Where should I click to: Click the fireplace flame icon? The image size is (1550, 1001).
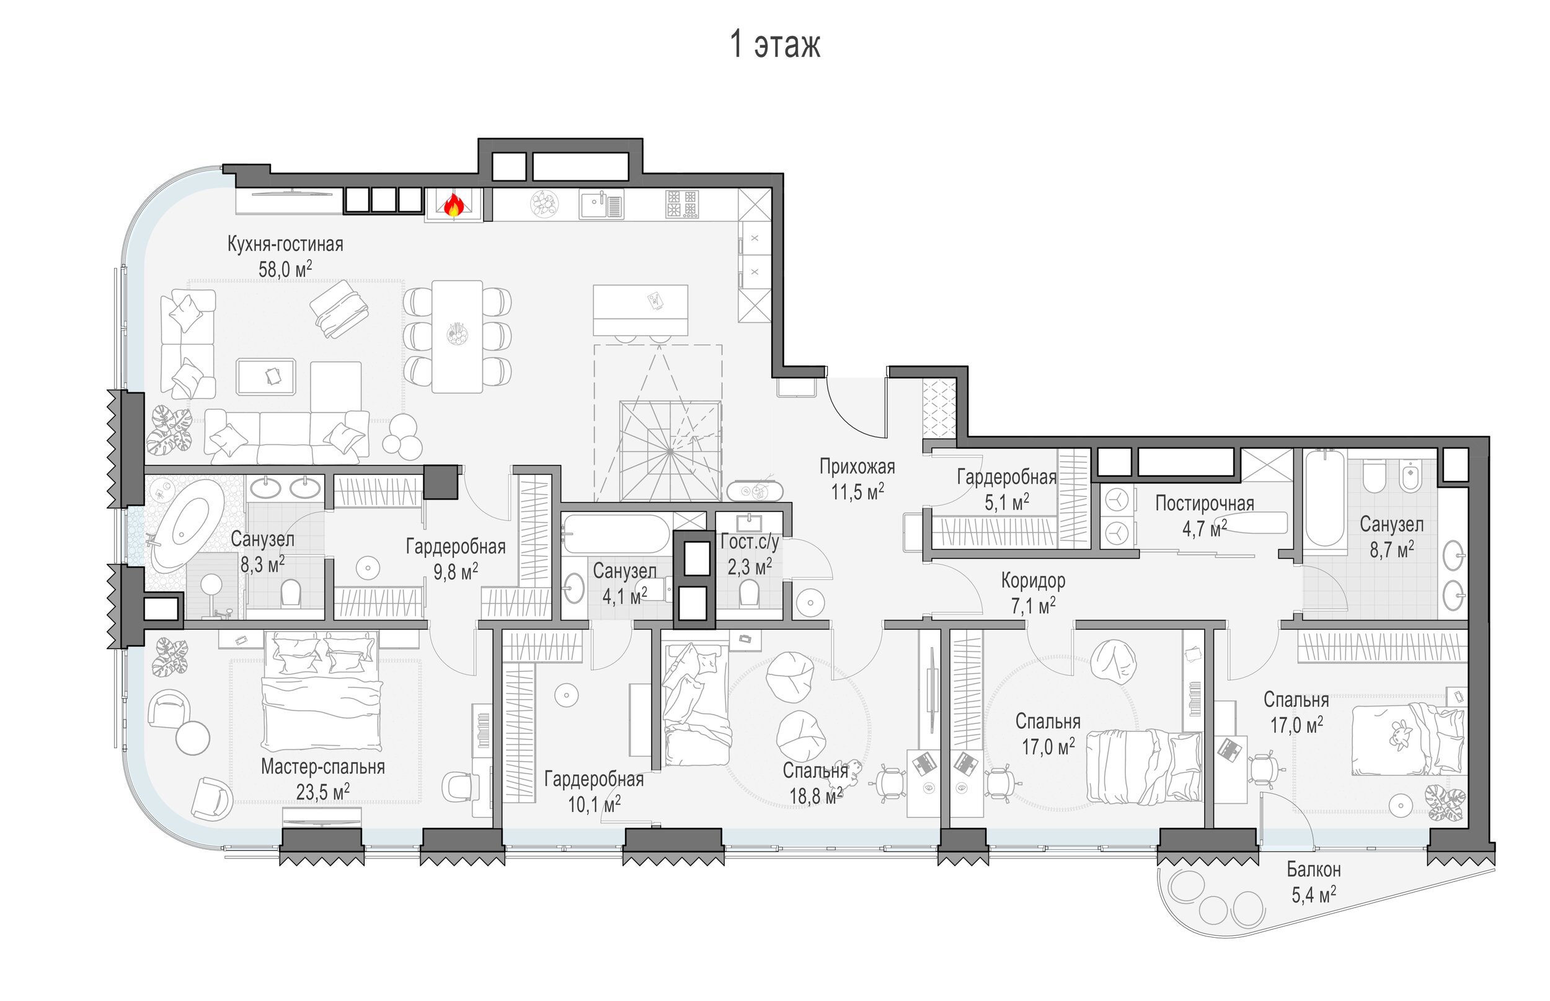454,205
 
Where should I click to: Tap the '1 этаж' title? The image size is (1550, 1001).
775,44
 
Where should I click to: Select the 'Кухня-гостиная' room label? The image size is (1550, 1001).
285,244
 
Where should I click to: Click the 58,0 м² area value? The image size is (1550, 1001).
285,269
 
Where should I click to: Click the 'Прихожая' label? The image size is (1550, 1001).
856,466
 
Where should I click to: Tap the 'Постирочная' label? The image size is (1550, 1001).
1204,503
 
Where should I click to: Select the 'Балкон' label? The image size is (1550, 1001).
1313,869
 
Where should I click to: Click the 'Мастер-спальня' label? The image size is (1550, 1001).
322,767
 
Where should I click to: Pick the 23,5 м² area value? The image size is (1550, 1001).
322,792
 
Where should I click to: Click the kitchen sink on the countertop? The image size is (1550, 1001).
601,204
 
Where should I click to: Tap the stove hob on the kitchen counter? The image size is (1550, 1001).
681,203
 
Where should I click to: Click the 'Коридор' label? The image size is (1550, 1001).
1032,580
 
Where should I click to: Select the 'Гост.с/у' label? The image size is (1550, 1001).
749,542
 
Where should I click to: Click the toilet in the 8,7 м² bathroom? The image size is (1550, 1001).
1374,477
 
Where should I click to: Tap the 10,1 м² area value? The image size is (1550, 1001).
593,805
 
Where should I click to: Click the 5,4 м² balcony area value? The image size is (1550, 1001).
1313,895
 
